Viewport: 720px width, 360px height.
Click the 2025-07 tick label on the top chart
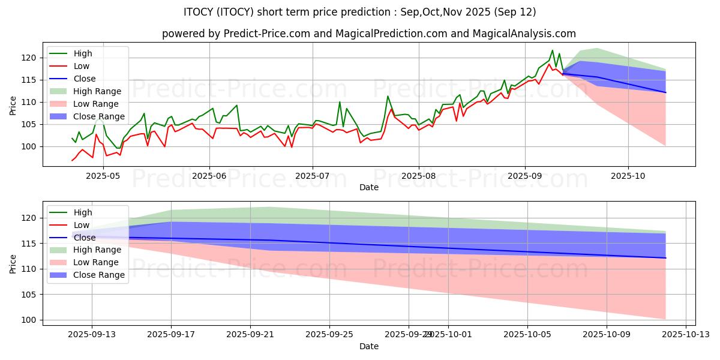[312, 176]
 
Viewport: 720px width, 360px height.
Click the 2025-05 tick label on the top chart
[103, 176]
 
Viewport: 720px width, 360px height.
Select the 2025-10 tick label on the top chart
[628, 176]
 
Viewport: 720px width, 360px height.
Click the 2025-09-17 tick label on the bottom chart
[171, 335]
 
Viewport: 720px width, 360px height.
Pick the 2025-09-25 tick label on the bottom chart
[329, 335]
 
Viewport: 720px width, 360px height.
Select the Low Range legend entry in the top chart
[97, 104]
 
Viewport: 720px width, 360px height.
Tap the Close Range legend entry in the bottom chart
[99, 275]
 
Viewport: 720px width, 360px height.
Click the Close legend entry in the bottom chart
[85, 238]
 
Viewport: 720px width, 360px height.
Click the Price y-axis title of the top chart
[13, 106]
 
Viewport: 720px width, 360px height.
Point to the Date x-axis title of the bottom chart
[368, 346]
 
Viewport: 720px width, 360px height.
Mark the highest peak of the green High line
[553, 50]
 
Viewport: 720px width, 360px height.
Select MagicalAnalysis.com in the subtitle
[532, 34]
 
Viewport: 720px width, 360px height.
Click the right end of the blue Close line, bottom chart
[665, 258]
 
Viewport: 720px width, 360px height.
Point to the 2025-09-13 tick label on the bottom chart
[92, 335]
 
